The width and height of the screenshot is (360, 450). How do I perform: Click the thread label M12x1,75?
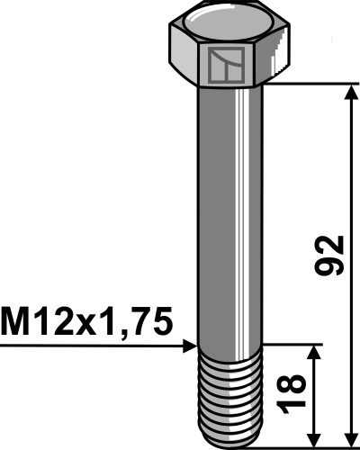click(86, 321)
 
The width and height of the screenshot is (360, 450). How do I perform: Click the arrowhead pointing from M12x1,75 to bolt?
click(190, 344)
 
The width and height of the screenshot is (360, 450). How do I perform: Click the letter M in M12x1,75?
click(18, 321)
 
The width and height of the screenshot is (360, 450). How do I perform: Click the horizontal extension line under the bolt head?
click(315, 84)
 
